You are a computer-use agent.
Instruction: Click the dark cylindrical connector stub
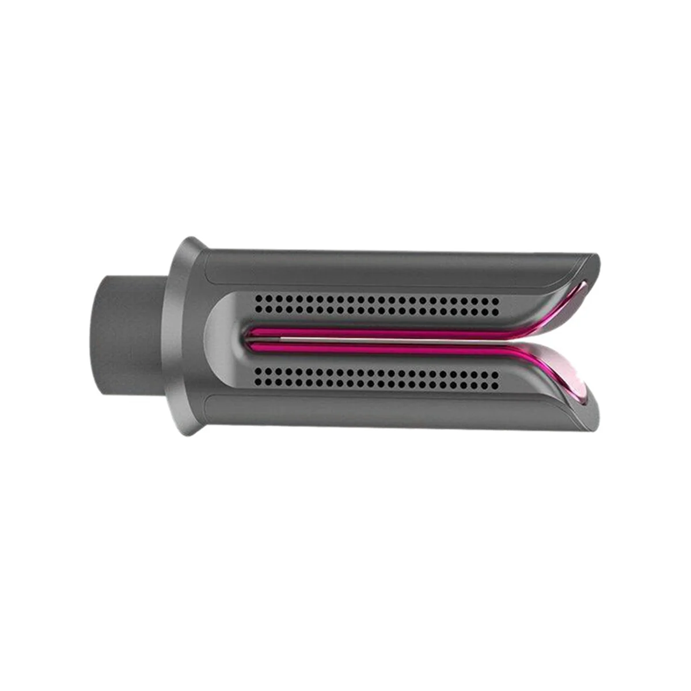point(130,334)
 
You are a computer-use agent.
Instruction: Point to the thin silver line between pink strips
point(374,340)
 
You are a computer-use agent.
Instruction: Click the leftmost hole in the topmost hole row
point(259,299)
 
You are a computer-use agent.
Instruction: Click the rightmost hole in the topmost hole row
point(496,299)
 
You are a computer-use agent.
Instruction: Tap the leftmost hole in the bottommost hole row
point(259,383)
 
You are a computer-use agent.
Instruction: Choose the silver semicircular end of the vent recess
point(222,340)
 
